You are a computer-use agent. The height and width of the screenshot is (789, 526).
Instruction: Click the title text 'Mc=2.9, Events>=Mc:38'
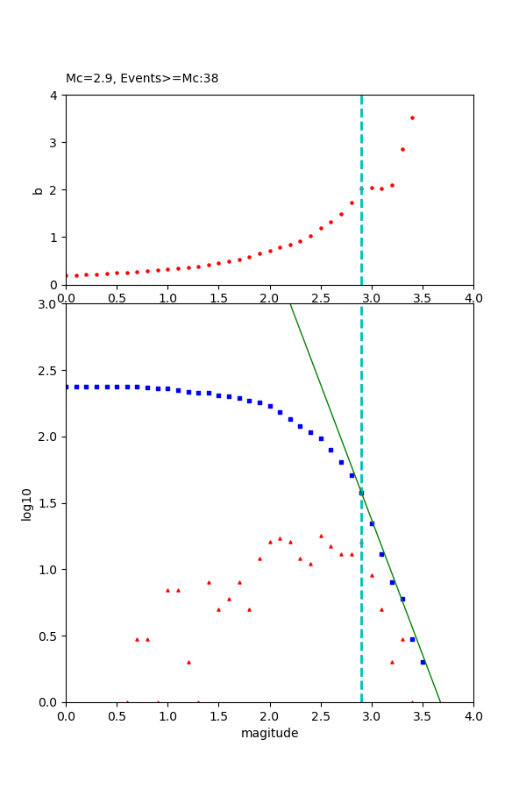142,79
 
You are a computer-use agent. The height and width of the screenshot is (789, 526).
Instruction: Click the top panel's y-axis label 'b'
38,189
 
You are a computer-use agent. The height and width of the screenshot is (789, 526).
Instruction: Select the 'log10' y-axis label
27,504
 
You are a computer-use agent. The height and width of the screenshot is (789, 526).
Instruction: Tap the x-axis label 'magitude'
269,733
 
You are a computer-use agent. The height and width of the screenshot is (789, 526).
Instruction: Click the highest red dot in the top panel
412,117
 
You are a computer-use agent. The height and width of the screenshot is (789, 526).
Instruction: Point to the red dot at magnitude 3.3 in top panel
402,149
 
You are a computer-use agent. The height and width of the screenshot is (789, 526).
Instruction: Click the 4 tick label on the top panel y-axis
53,95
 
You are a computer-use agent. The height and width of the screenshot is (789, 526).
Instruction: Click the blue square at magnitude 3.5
423,662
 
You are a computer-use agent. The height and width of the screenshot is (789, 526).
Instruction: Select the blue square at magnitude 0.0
66,387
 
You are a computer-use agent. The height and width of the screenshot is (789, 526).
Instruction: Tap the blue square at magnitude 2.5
321,438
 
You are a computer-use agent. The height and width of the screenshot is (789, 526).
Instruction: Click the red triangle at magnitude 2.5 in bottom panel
321,536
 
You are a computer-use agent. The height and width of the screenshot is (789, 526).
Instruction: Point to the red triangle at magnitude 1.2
188,662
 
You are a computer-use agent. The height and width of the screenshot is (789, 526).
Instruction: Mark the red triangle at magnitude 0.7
137,639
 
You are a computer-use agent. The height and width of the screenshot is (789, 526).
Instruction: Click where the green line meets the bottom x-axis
441,702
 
